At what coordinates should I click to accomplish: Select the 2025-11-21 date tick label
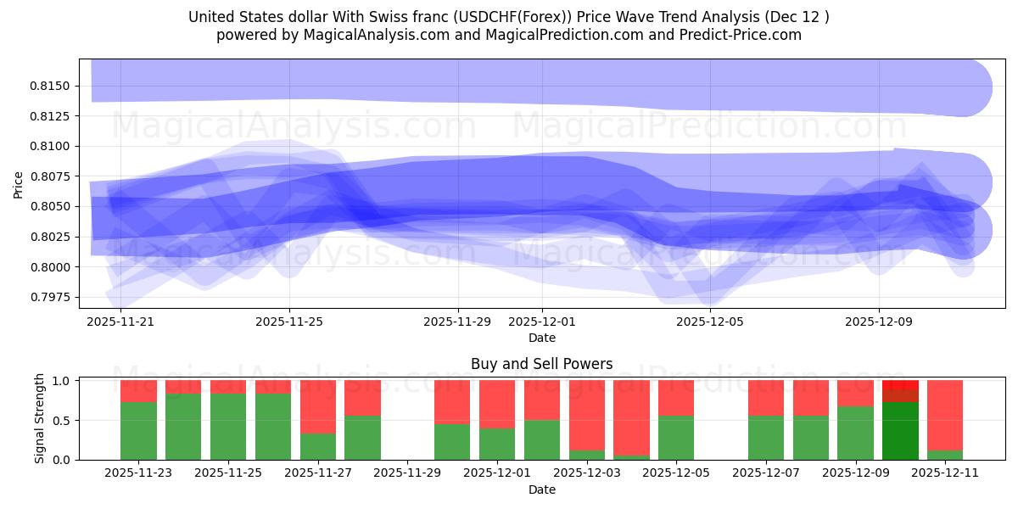tap(120, 322)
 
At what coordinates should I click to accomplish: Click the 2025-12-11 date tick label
tap(944, 473)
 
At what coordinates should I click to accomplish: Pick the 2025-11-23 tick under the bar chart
tap(138, 473)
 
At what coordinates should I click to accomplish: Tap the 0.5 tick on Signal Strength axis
tap(63, 421)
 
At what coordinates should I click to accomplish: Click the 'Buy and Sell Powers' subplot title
tap(541, 364)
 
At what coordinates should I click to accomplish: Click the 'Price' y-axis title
tap(19, 183)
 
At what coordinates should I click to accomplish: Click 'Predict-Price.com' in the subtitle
tap(738, 35)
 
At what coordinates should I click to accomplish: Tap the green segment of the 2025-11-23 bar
tap(138, 431)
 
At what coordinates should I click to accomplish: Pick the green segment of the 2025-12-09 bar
tap(855, 433)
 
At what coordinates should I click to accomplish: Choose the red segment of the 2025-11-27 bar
tap(318, 406)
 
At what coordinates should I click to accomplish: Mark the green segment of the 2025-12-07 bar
tap(765, 438)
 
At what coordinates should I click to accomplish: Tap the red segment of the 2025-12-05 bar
tap(676, 398)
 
